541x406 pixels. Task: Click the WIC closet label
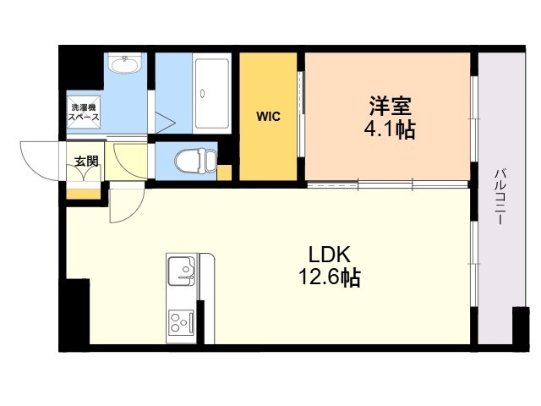[x=268, y=117]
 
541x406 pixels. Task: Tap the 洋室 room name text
[x=390, y=106]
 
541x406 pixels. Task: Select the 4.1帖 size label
[x=390, y=129]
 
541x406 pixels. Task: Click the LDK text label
[x=329, y=255]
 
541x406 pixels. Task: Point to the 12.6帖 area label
[x=329, y=277]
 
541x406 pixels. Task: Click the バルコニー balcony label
[x=500, y=196]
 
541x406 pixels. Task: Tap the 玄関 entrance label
[x=86, y=161]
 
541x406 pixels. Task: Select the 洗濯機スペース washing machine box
[x=84, y=112]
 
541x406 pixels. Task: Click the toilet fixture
[x=195, y=160]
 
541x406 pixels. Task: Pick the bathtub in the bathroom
[x=212, y=94]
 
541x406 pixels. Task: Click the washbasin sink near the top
[x=124, y=63]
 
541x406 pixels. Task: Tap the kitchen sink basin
[x=182, y=271]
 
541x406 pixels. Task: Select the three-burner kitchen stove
[x=182, y=322]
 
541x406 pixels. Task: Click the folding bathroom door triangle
[x=166, y=122]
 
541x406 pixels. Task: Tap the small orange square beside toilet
[x=224, y=173]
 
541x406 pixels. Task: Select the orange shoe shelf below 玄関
[x=83, y=194]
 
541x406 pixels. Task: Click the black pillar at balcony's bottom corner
[x=521, y=329]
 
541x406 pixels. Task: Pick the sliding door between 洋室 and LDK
[x=387, y=184]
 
